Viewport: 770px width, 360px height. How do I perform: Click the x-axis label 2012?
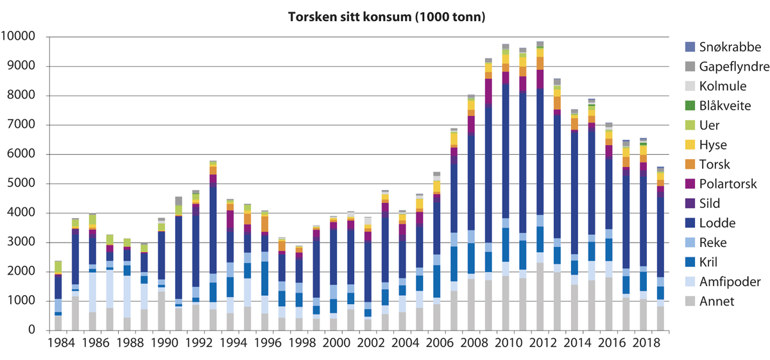point(540,345)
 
